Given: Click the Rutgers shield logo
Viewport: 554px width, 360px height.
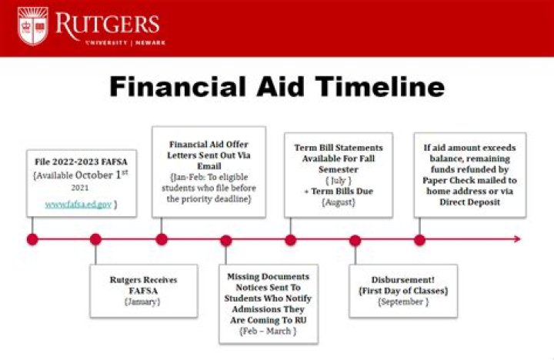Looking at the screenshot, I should tap(32, 26).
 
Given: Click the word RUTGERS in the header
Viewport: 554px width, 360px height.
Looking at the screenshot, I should tap(107, 22).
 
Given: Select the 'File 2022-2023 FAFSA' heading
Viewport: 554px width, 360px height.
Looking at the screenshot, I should tap(81, 162).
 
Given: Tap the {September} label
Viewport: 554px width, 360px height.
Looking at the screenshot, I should tap(402, 302).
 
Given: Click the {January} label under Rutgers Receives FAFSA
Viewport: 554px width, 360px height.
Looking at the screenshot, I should tap(143, 302).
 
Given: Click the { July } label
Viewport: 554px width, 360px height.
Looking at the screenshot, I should tap(339, 180).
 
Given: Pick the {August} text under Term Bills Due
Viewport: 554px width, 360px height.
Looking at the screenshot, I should tap(339, 202).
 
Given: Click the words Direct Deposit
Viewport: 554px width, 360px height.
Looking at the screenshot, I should tap(470, 202).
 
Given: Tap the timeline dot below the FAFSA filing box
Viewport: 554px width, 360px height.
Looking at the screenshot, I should tap(32, 239).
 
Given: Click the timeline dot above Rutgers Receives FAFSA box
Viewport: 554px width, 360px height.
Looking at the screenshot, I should tap(95, 239).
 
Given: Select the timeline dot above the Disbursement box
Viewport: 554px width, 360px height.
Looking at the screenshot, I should tap(355, 240).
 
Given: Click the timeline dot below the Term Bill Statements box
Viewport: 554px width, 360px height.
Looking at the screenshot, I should tap(290, 239).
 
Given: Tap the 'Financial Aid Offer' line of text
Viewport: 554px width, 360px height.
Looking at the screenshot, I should tap(209, 144).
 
